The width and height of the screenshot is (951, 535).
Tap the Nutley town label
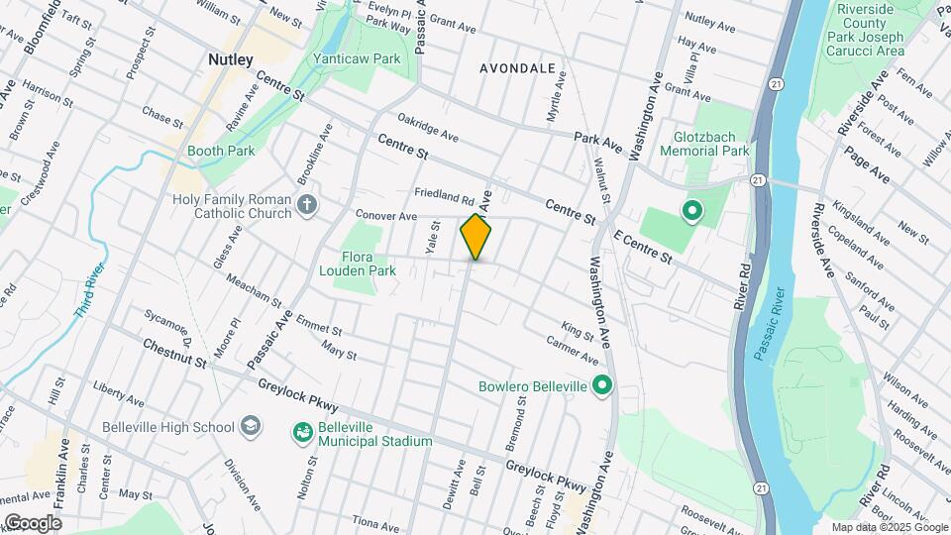coord(230,59)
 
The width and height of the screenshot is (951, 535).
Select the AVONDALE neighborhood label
coord(517,68)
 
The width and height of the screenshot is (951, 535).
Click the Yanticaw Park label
coord(357,58)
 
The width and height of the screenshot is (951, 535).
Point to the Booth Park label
coord(223,151)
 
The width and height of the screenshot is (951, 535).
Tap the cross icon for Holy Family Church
coord(307,208)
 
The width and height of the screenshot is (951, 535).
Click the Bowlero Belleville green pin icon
coord(601,386)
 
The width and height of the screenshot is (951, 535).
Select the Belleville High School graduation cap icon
coord(251,427)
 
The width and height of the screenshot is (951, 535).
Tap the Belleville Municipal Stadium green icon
coord(301,432)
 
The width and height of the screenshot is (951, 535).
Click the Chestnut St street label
coord(173,354)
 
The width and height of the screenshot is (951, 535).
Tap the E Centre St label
coord(645,248)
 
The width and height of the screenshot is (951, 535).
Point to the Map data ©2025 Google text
coord(888,527)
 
